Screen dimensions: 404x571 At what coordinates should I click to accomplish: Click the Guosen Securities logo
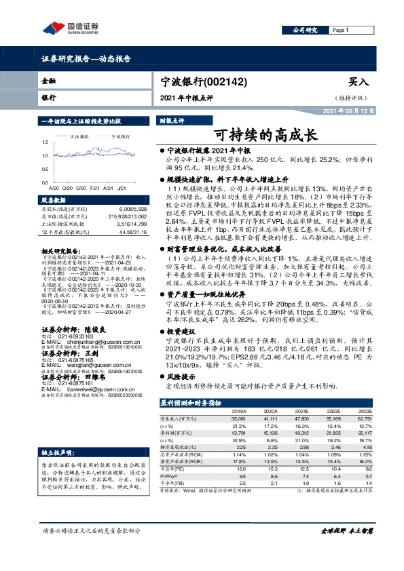(x=72, y=28)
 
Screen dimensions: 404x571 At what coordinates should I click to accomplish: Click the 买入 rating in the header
(x=356, y=81)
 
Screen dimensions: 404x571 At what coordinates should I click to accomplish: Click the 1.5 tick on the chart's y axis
(x=44, y=142)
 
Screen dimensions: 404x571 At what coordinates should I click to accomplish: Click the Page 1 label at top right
(x=340, y=31)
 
